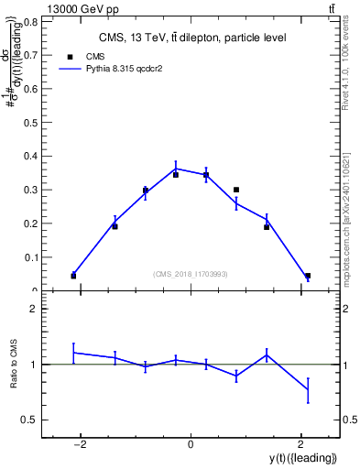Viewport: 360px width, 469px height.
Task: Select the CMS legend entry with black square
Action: click(x=96, y=56)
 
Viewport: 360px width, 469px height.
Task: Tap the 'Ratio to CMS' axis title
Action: click(x=15, y=365)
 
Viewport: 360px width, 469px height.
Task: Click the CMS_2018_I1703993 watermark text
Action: click(x=191, y=274)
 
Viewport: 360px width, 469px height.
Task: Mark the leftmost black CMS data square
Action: click(x=73, y=276)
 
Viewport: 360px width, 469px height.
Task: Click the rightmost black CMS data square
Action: click(x=308, y=276)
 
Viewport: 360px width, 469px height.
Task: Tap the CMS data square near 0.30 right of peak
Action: click(x=236, y=190)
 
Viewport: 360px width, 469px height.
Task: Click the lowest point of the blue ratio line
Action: click(x=308, y=390)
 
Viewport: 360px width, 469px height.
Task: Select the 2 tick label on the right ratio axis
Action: click(x=348, y=309)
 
